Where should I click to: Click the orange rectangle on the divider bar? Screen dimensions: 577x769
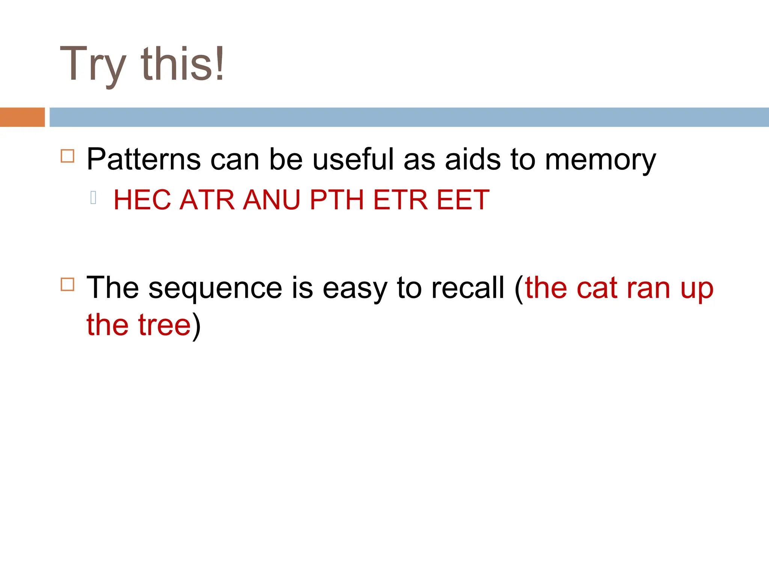point(22,117)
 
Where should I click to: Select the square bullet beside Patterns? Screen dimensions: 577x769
point(68,156)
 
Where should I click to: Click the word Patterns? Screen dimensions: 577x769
point(143,160)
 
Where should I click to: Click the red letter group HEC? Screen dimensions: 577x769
point(142,200)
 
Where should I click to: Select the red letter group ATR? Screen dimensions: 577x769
point(207,200)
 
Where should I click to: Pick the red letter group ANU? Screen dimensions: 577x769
point(271,200)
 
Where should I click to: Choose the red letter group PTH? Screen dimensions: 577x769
point(337,200)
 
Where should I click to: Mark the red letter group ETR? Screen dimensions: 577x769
point(400,200)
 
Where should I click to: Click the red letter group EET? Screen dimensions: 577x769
point(463,200)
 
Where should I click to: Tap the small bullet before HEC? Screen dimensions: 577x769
point(93,198)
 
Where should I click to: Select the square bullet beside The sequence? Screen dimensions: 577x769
point(68,284)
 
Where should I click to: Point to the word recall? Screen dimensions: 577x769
point(467,288)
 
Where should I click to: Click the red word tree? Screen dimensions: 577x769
point(164,325)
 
